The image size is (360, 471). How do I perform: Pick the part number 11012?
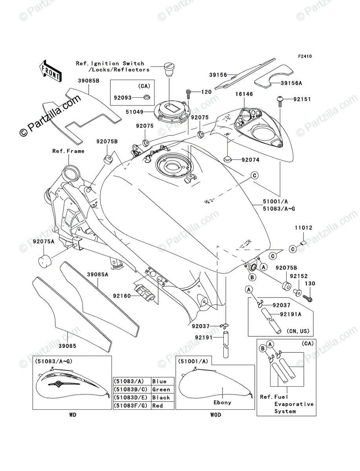tap(303, 228)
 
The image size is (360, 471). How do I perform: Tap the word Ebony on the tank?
tap(223, 402)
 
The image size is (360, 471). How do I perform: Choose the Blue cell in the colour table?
tap(159, 381)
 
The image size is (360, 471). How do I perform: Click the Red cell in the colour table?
tap(158, 405)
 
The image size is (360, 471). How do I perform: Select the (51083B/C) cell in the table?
tap(131, 389)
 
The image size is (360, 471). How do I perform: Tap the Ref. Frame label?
tap(68, 151)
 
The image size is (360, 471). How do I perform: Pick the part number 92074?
tap(250, 160)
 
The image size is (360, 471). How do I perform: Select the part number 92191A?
tap(291, 314)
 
